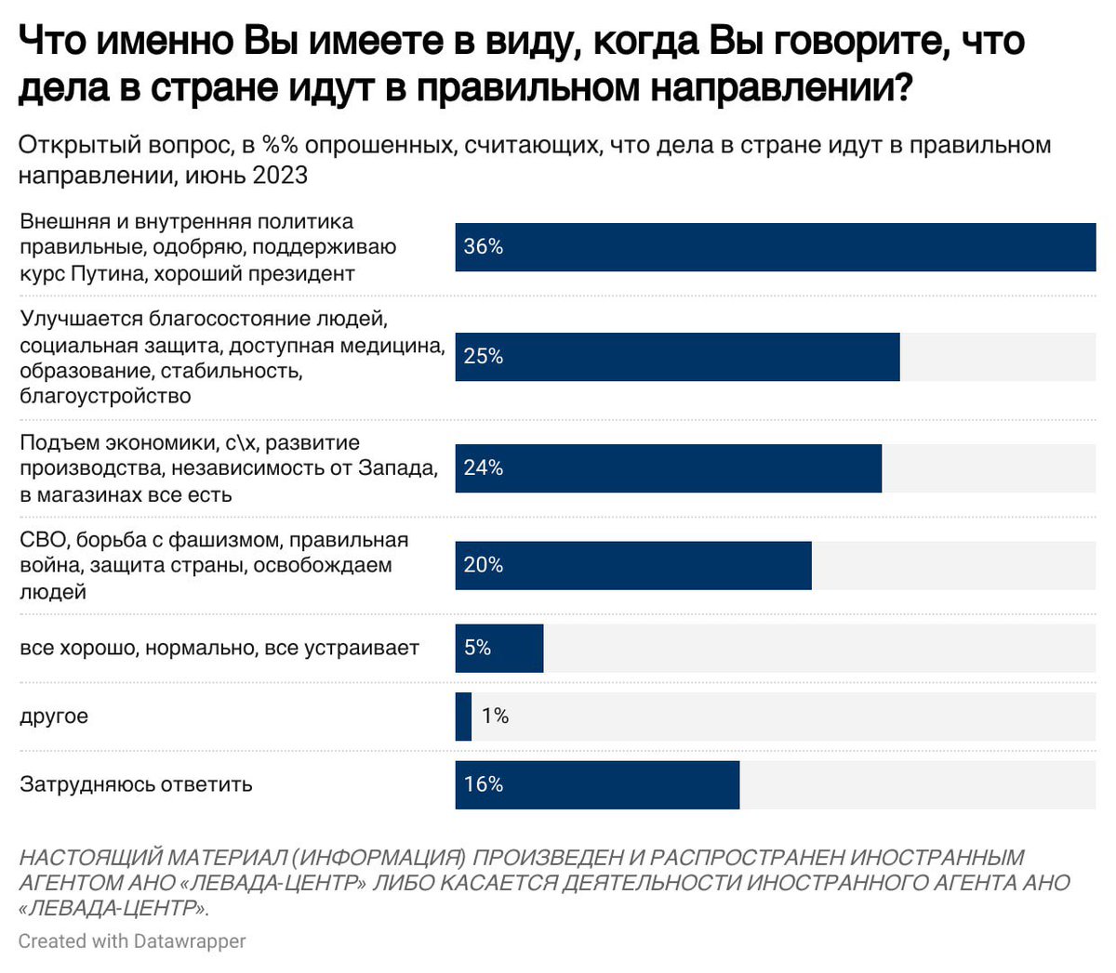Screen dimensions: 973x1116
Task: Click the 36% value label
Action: [484, 246]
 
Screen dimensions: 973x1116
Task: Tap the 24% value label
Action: [484, 467]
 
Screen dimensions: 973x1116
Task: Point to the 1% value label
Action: [495, 716]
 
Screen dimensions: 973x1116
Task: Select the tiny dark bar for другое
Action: [463, 716]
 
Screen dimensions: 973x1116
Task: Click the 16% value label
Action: [484, 784]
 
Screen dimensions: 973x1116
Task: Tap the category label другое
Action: [54, 716]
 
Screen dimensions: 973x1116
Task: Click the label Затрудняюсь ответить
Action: [136, 784]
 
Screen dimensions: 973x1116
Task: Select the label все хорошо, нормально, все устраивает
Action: [219, 648]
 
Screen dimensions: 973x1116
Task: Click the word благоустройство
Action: [105, 396]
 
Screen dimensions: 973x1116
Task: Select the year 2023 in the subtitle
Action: [280, 175]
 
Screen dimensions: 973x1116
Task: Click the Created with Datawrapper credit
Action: [132, 940]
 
